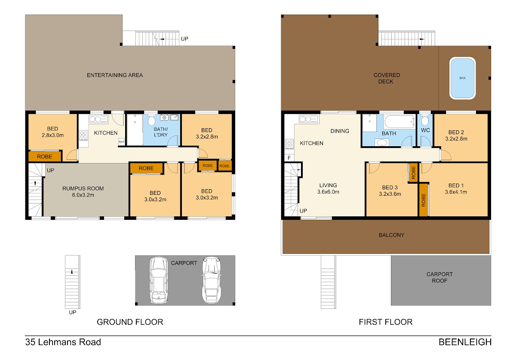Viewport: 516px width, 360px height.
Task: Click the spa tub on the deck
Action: (462, 78)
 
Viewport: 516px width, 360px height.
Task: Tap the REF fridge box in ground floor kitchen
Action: (121, 142)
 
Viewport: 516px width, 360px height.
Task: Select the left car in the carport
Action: (159, 280)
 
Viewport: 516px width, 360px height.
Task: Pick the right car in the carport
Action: (212, 280)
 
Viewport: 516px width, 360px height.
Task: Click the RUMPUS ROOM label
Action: (83, 188)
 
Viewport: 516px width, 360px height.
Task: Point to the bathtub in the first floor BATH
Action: (399, 122)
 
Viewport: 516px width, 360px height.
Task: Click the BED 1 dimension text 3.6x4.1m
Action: (456, 192)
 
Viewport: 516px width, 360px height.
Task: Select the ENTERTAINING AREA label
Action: (115, 75)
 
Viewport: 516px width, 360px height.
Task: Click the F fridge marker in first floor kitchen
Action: (289, 158)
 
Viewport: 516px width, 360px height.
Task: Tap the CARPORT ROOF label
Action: (439, 277)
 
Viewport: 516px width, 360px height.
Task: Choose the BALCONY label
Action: (391, 235)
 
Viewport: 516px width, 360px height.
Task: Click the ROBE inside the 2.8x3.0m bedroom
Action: (44, 157)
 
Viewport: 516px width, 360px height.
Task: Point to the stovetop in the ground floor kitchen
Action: (83, 135)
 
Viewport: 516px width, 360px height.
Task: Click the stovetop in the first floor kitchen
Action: (289, 144)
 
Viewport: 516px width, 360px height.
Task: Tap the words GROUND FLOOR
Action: (130, 322)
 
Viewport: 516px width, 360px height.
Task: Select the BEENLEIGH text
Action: (465, 342)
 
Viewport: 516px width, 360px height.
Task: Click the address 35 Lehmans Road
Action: (63, 342)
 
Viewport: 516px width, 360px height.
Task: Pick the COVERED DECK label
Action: (387, 78)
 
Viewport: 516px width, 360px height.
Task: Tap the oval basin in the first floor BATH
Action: (381, 143)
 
